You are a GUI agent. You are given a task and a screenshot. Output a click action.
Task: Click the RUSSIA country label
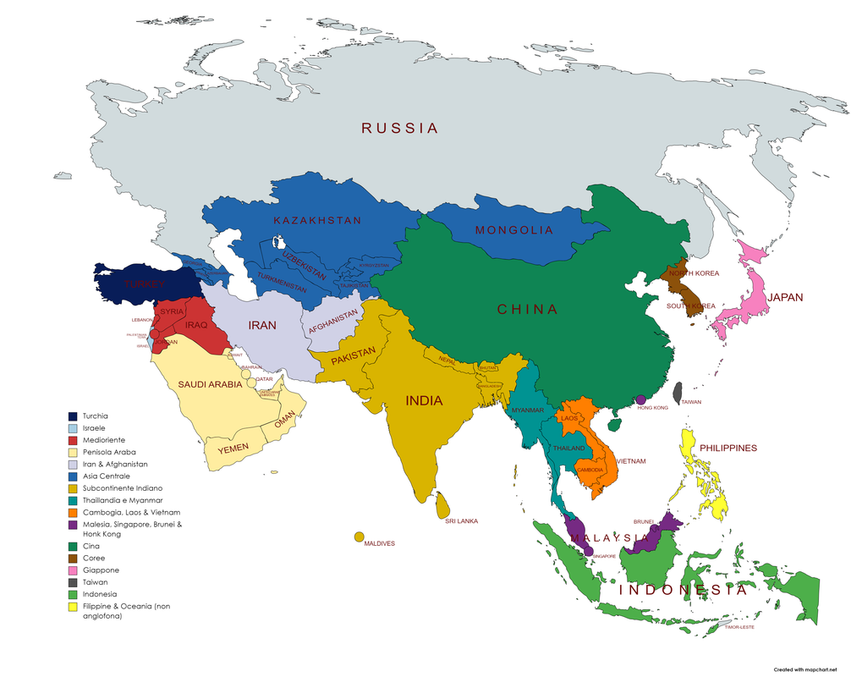(x=400, y=129)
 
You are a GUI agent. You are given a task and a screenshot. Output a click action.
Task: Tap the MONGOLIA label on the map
(x=514, y=230)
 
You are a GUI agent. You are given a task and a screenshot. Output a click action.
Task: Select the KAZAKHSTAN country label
(x=317, y=220)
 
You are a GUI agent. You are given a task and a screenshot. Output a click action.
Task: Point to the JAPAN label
(x=785, y=297)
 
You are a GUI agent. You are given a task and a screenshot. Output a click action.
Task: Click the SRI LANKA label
(x=461, y=521)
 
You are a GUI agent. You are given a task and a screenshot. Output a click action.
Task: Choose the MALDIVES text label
(x=379, y=543)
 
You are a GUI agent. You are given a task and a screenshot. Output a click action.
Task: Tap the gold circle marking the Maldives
(x=360, y=537)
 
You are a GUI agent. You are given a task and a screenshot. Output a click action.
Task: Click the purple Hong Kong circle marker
(x=640, y=399)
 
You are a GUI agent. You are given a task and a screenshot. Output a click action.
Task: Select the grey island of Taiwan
(x=678, y=393)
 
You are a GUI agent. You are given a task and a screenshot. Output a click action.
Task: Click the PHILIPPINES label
(x=727, y=448)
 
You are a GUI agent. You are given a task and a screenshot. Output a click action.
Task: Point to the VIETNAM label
(x=631, y=461)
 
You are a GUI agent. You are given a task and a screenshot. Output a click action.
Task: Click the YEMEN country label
(x=233, y=449)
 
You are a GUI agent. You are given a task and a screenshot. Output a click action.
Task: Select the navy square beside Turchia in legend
(x=74, y=416)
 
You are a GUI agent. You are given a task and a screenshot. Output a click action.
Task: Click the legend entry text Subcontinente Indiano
(x=123, y=488)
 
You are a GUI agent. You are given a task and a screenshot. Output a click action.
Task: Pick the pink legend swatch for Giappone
(x=74, y=570)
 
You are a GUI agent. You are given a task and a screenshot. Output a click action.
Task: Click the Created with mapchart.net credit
(x=798, y=669)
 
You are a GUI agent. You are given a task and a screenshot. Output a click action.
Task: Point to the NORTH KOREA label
(x=694, y=273)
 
